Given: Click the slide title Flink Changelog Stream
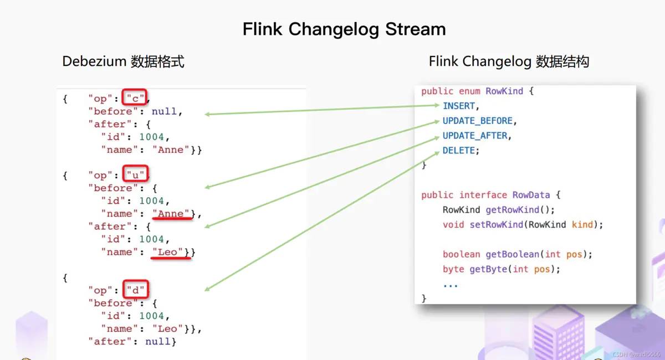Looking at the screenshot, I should [x=344, y=29].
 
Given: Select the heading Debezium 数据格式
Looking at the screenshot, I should [x=123, y=61].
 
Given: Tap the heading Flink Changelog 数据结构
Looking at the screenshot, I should [x=508, y=61].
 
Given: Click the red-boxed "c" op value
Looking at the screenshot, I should [x=135, y=99].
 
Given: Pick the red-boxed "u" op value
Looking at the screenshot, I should [x=135, y=175].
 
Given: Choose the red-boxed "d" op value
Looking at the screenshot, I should [x=135, y=290].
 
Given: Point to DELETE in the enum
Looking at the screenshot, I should [x=459, y=151].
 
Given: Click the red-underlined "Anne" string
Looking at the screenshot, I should [x=172, y=214].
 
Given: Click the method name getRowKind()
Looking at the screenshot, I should [x=520, y=210].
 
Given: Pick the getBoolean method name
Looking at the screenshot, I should [x=514, y=254].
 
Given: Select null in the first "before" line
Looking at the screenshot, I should [x=164, y=111].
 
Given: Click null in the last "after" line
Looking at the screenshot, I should [x=158, y=341].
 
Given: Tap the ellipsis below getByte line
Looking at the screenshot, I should [x=451, y=285].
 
